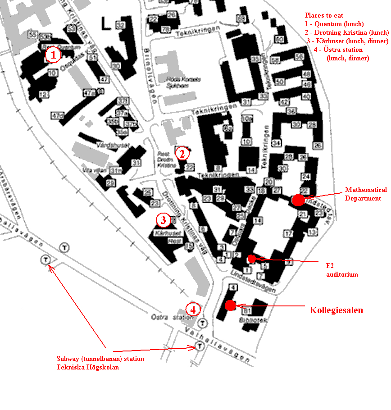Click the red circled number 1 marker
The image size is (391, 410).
tap(53, 55)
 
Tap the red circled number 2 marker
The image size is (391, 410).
tap(182, 154)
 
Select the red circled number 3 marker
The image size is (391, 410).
tap(163, 220)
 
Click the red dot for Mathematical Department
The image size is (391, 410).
tap(298, 200)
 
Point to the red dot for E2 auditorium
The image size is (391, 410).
tap(252, 258)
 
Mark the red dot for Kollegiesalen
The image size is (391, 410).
tap(230, 305)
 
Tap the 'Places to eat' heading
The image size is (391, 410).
tap(324, 15)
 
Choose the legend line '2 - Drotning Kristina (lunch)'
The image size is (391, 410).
tap(346, 32)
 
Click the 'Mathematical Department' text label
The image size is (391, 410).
tap(366, 194)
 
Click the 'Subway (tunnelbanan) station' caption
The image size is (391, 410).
tap(100, 359)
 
